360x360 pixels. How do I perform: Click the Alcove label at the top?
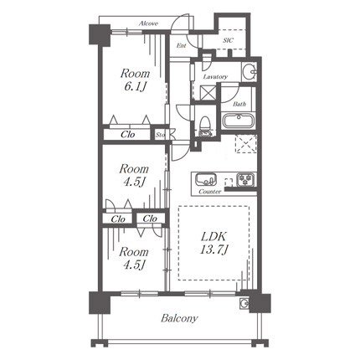[x=148, y=23]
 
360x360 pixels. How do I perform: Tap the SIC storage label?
[x=228, y=40]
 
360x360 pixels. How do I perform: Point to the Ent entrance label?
[x=181, y=45]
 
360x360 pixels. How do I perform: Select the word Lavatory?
[x=215, y=77]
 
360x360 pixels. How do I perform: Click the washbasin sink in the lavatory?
[x=249, y=72]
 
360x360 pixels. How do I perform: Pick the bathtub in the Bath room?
[x=239, y=121]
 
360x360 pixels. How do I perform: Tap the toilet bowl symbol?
[x=206, y=126]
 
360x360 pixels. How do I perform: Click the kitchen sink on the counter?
[x=206, y=179]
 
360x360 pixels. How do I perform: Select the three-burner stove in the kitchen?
[x=245, y=180]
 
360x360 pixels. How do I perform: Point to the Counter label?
[x=210, y=192]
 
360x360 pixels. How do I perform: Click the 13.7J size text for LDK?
[x=214, y=249]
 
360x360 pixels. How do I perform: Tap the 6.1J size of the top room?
[x=135, y=87]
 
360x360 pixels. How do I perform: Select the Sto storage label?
[x=160, y=135]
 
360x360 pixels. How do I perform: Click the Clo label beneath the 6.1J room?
[x=128, y=135]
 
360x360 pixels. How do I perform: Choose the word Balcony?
[x=179, y=318]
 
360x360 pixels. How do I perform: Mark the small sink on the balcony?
[x=244, y=303]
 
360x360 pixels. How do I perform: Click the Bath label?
[x=239, y=105]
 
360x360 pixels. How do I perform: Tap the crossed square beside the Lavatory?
[x=208, y=93]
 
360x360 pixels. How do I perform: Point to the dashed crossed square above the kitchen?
[x=245, y=144]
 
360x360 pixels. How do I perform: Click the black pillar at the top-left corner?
[x=100, y=34]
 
